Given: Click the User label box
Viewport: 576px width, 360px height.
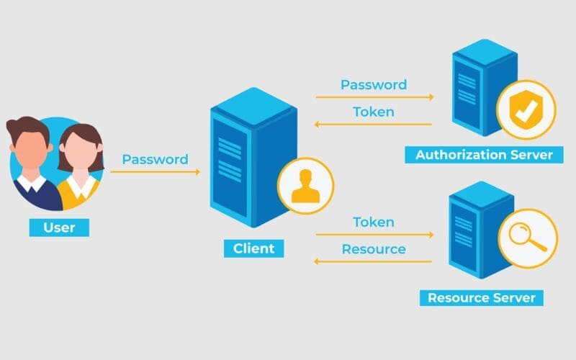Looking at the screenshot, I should click(x=58, y=228).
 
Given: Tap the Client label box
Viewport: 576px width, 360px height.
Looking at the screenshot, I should click(x=253, y=248).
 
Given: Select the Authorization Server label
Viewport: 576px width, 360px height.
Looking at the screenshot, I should click(x=484, y=154).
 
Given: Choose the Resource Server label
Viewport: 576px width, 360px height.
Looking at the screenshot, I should click(x=481, y=297).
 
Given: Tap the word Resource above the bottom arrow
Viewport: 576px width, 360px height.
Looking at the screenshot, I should click(x=374, y=249).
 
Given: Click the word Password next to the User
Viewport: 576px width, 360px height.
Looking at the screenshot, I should click(x=155, y=159).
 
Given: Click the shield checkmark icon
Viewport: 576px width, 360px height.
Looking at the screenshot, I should click(x=526, y=110).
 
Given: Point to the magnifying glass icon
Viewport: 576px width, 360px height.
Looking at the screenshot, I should click(x=528, y=238).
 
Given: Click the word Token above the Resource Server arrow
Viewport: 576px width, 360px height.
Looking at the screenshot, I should click(x=374, y=222).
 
